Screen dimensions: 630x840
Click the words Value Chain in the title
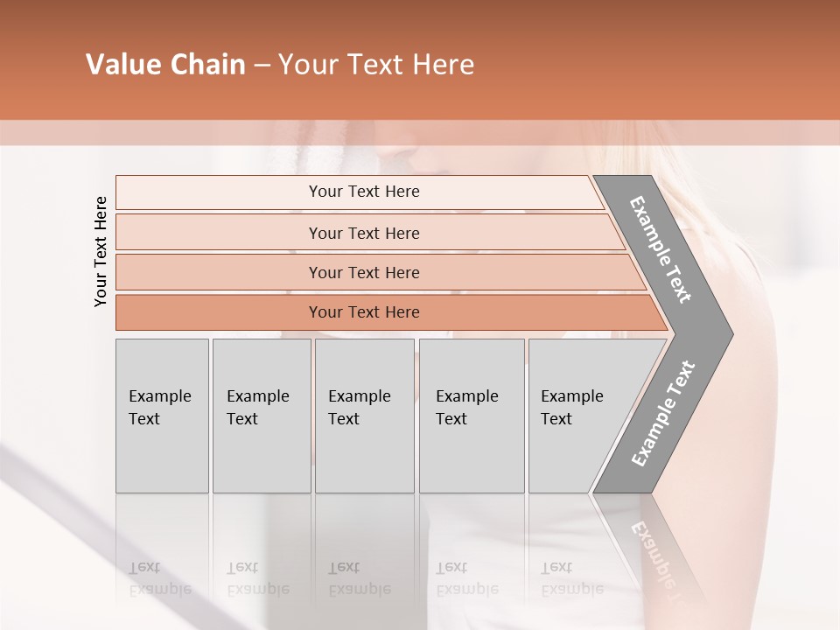165,65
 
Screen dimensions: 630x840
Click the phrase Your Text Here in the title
376,65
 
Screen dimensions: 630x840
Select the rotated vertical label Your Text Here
101,251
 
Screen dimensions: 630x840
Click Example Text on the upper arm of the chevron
661,248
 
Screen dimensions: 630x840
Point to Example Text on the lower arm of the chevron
662,413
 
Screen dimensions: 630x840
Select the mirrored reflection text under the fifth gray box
571,578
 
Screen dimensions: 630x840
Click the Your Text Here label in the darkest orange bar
364,312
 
